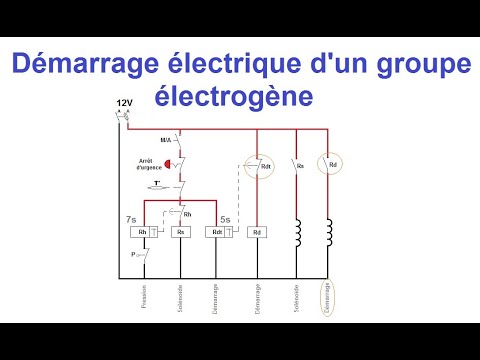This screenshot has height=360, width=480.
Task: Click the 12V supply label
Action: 124,104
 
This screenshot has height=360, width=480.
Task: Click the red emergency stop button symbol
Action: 168,161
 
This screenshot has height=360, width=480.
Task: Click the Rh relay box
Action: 142,232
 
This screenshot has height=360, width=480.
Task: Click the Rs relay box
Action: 181,232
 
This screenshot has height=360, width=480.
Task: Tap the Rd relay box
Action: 257,232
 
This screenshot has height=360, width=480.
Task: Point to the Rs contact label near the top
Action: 301,164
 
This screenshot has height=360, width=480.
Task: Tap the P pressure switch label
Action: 132,255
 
